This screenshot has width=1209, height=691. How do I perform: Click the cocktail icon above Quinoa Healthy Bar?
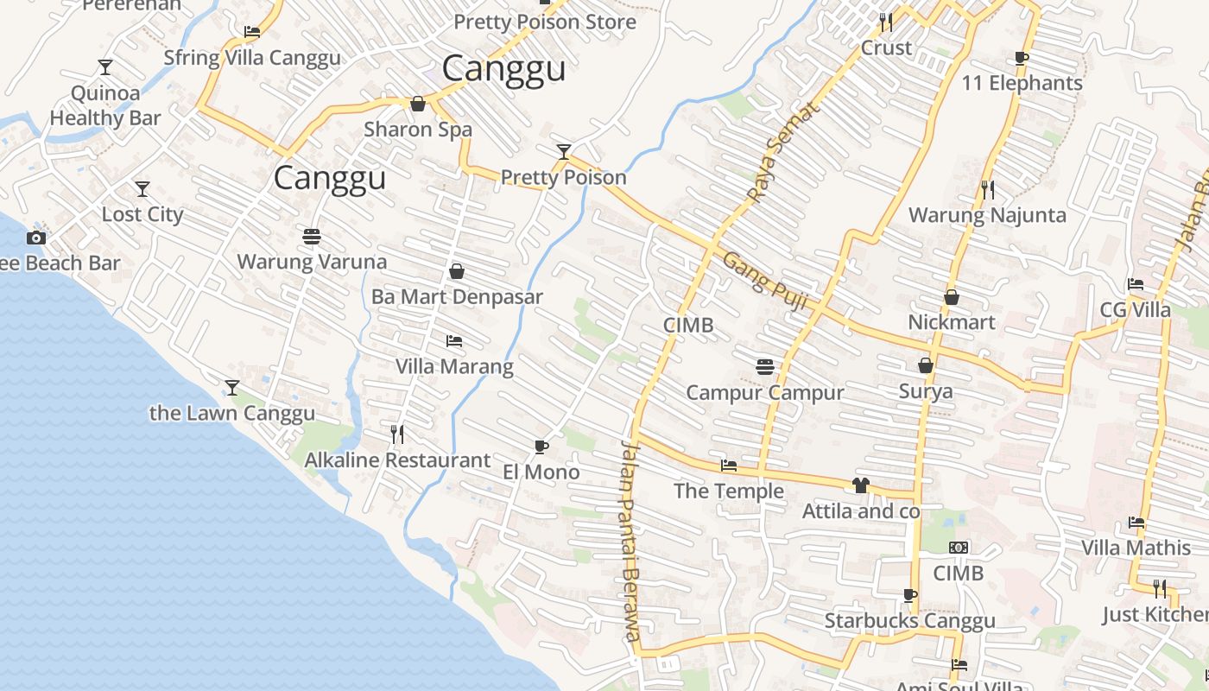[105, 67]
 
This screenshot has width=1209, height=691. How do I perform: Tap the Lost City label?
[142, 214]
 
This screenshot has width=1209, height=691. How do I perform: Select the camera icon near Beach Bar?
[35, 238]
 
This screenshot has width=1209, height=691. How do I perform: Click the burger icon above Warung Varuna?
[312, 236]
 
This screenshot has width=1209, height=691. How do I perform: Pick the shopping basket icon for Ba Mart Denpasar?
[457, 271]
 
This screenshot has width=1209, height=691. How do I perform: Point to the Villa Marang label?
[454, 366]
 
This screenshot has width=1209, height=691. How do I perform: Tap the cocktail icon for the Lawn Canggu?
[231, 387]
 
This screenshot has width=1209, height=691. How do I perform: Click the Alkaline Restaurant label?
[397, 460]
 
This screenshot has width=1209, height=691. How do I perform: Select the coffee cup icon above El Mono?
[541, 447]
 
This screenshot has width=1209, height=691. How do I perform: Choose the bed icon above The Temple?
[729, 466]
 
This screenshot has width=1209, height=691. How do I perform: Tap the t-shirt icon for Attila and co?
[860, 485]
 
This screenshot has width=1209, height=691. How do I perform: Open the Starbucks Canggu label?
[909, 620]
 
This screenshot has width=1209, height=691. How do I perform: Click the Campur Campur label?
[764, 392]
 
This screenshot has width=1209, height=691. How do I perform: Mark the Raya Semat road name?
[781, 153]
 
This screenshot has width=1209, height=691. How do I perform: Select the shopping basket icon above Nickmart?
[951, 297]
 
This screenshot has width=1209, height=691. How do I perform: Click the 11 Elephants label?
[1022, 83]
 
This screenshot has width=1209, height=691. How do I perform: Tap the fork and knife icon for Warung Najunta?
[987, 189]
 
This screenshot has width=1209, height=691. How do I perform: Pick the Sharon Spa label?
[418, 130]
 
